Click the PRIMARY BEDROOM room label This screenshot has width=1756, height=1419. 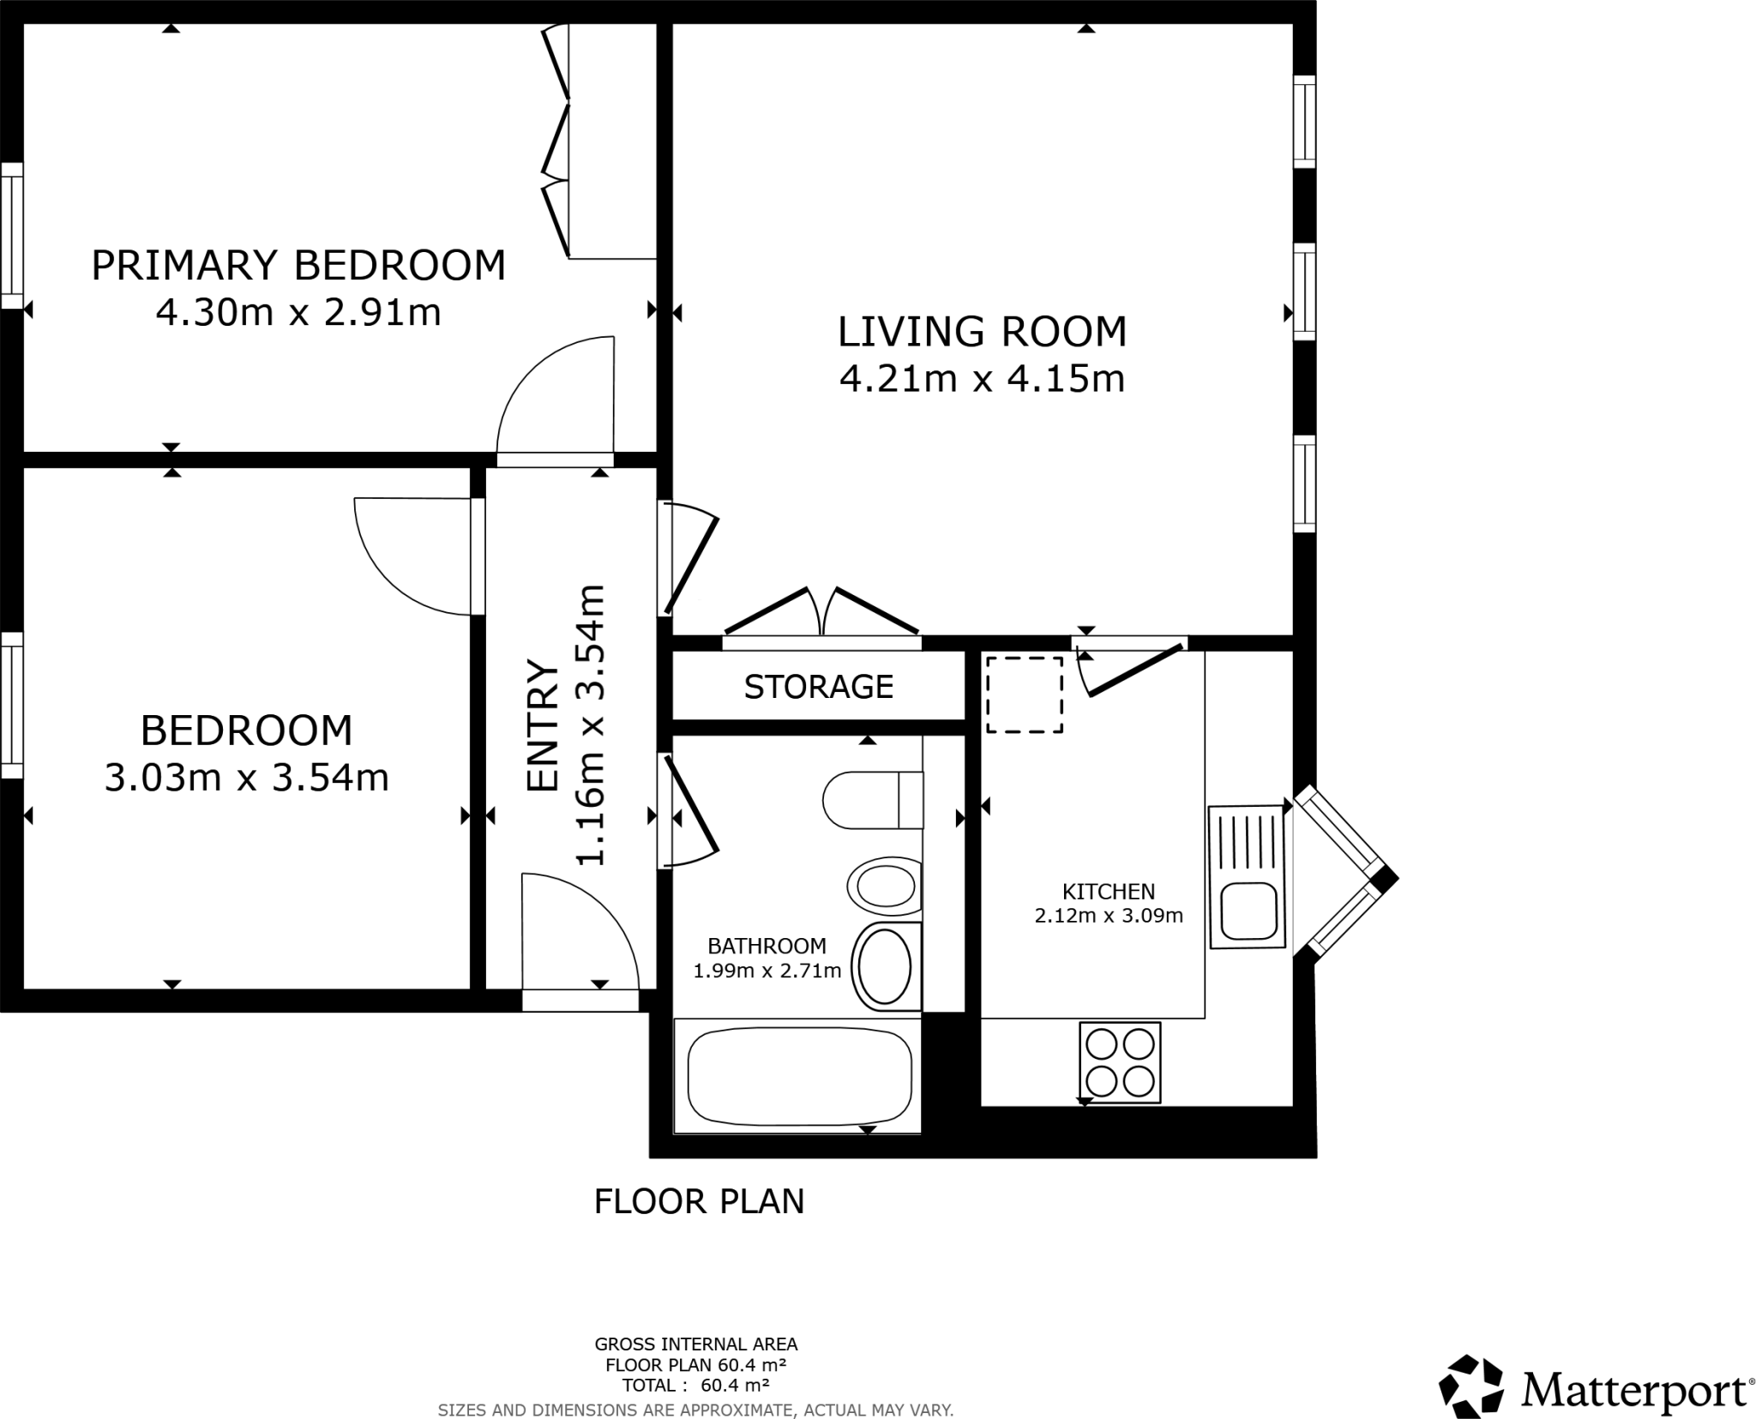click(x=298, y=265)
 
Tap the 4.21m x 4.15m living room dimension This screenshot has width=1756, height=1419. click(x=981, y=378)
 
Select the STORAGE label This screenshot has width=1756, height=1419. click(x=818, y=687)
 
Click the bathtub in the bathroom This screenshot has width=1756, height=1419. click(x=798, y=1076)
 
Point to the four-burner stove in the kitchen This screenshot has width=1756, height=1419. click(x=1120, y=1063)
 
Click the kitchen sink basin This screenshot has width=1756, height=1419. click(x=1248, y=911)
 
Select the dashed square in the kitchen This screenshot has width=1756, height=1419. click(x=1025, y=694)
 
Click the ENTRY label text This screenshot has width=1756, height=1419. click(x=543, y=725)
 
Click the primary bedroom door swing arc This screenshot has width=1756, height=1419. click(x=549, y=394)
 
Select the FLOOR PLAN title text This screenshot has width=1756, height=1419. click(x=699, y=1201)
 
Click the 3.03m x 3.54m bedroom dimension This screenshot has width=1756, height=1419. click(x=246, y=778)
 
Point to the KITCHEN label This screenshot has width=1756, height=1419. click(x=1108, y=891)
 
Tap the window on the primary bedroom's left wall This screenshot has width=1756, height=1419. click(x=12, y=235)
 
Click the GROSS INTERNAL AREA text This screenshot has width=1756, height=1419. click(x=695, y=1344)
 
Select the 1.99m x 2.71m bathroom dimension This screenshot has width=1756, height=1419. click(x=767, y=971)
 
